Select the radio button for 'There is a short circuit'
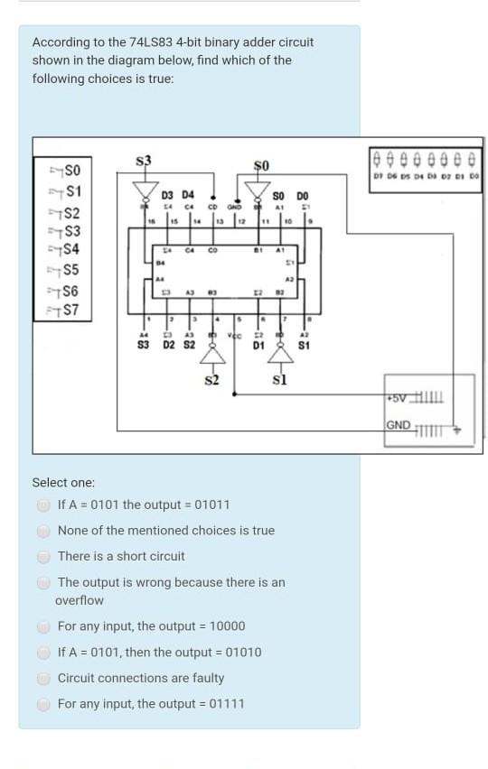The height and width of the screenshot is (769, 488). click(x=43, y=557)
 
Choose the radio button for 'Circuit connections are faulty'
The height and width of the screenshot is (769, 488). click(x=43, y=679)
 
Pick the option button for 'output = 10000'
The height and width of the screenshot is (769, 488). click(x=43, y=627)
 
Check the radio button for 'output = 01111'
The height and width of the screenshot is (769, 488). click(x=43, y=705)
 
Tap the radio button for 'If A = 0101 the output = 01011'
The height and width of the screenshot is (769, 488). click(x=43, y=505)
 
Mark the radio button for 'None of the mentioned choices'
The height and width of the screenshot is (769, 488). click(x=43, y=532)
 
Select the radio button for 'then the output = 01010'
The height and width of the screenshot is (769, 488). click(x=43, y=653)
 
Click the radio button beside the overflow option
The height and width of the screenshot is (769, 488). click(x=43, y=583)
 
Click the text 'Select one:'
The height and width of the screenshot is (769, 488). click(x=63, y=483)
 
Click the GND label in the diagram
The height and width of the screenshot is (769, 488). click(x=398, y=425)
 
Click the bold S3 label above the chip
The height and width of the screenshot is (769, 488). click(x=143, y=161)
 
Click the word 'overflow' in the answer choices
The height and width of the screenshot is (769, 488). click(x=80, y=601)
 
